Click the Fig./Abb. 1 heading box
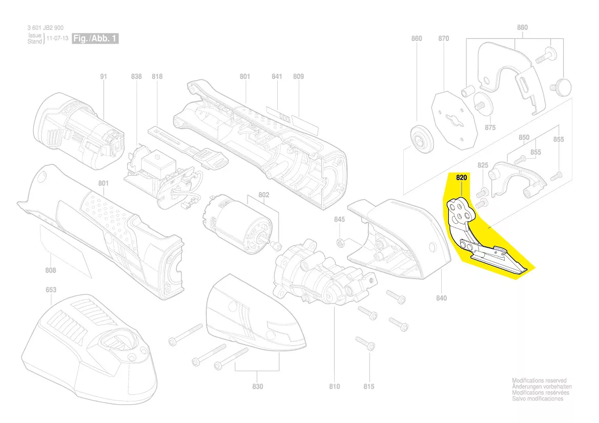[x=95, y=39]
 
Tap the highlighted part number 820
[x=462, y=178]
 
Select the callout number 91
[x=104, y=77]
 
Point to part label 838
[x=136, y=77]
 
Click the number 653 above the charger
[x=51, y=290]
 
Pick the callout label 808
[x=50, y=271]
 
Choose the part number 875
[x=490, y=128]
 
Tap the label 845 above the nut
[x=340, y=220]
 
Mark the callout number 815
[x=368, y=387]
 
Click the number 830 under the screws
[x=257, y=387]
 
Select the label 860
[x=417, y=39]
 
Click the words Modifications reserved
[x=539, y=381]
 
